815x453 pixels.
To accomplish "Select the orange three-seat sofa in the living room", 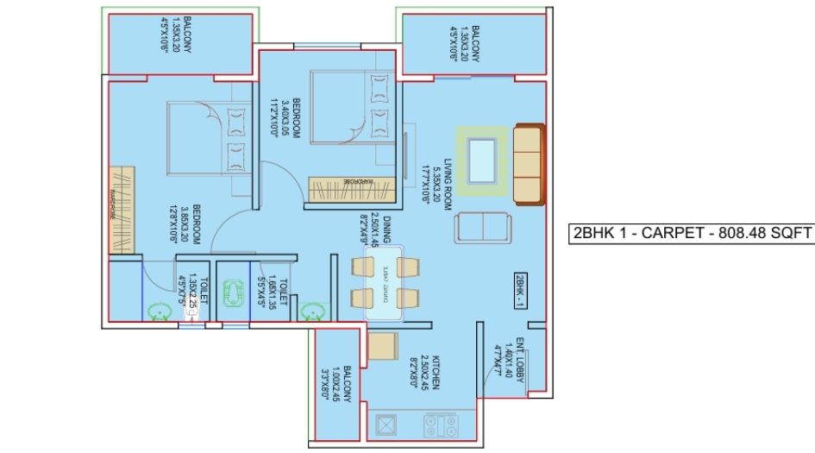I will point(527,163).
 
